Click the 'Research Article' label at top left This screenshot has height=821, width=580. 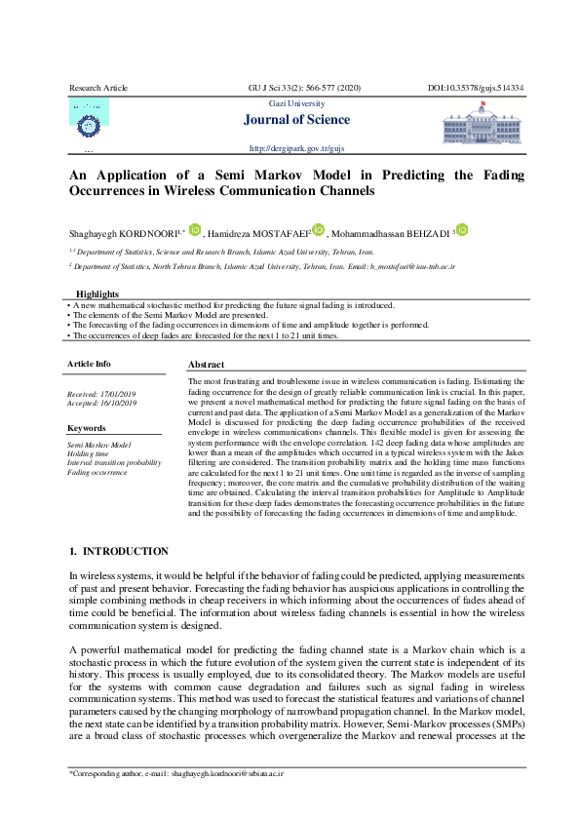click(x=97, y=88)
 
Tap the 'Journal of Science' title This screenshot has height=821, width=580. click(x=301, y=120)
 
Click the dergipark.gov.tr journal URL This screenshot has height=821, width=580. click(x=297, y=148)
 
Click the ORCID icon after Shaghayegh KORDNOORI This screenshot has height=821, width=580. click(x=195, y=230)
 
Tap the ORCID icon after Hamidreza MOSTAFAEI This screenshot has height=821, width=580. click(x=318, y=230)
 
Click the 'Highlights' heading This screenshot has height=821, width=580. click(x=97, y=293)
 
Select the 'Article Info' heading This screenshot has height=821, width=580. click(x=90, y=364)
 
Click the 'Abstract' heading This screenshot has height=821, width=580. click(x=206, y=365)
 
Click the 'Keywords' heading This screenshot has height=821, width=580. click(x=87, y=428)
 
